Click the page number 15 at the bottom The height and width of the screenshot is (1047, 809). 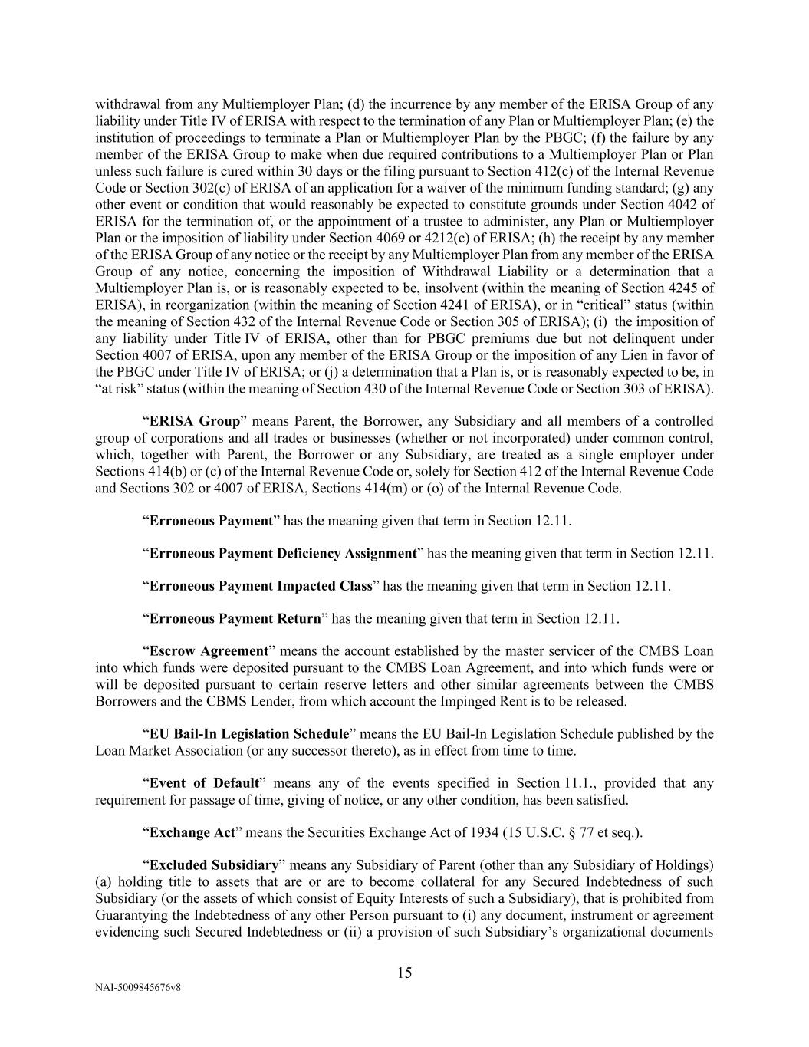point(404,973)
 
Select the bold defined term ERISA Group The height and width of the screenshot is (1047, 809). point(194,421)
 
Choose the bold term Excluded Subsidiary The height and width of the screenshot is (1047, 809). point(213,865)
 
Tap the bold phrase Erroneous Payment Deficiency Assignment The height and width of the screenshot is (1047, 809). point(282,553)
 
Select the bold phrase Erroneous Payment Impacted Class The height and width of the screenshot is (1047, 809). point(261,586)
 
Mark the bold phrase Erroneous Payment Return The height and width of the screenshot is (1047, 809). point(235,618)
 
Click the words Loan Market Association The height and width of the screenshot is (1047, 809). point(164,750)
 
